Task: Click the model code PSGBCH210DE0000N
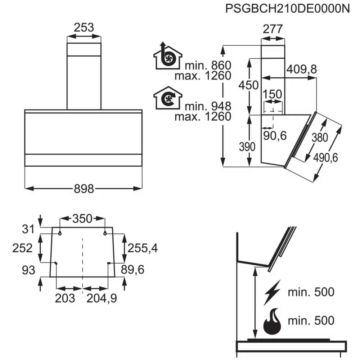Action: pyautogui.click(x=287, y=9)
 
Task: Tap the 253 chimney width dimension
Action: pyautogui.click(x=84, y=28)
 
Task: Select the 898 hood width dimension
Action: pyautogui.click(x=84, y=189)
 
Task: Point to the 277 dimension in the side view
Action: pyautogui.click(x=273, y=29)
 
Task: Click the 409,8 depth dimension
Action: pyautogui.click(x=301, y=69)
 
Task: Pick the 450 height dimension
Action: pyautogui.click(x=248, y=85)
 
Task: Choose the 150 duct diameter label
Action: pyautogui.click(x=272, y=94)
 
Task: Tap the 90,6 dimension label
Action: pyautogui.click(x=275, y=136)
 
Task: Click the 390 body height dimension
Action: pyautogui.click(x=247, y=147)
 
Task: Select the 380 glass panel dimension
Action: pyautogui.click(x=320, y=138)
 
